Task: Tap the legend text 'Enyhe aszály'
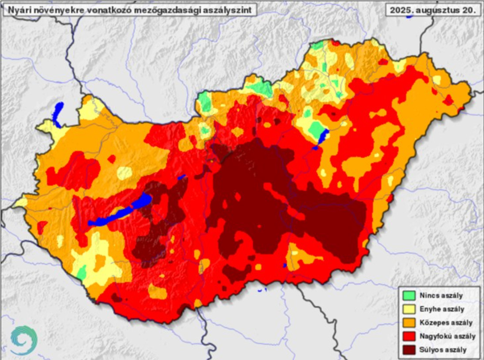tap(444, 309)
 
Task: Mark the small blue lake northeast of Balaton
tap(181, 177)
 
